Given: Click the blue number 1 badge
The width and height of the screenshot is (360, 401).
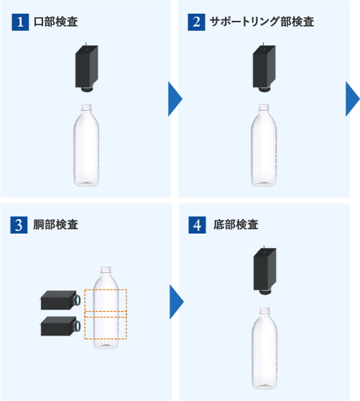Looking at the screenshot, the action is pyautogui.click(x=20, y=22).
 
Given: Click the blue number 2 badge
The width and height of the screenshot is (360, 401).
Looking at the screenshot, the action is pyautogui.click(x=196, y=22).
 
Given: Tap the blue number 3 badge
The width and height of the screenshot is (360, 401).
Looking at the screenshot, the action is pyautogui.click(x=19, y=225).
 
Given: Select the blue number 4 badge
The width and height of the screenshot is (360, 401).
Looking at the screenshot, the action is pyautogui.click(x=197, y=225).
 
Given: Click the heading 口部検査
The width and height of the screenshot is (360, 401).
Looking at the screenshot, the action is pyautogui.click(x=56, y=22).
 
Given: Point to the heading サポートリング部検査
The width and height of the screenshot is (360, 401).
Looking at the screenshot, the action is pyautogui.click(x=262, y=22).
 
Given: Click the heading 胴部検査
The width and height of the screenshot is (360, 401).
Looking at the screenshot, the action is pyautogui.click(x=55, y=224).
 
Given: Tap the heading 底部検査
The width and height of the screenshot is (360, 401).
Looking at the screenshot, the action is pyautogui.click(x=236, y=224).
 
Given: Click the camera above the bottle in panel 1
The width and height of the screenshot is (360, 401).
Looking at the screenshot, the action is pyautogui.click(x=86, y=68).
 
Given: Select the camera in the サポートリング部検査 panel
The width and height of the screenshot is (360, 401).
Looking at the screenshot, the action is pyautogui.click(x=264, y=68).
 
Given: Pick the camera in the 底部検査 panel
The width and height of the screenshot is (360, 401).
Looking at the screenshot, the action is pyautogui.click(x=264, y=271).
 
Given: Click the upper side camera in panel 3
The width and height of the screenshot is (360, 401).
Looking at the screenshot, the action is pyautogui.click(x=60, y=300).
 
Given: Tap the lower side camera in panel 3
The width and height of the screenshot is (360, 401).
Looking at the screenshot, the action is pyautogui.click(x=60, y=326).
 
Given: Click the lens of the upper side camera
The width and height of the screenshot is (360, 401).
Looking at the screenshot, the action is pyautogui.click(x=77, y=300).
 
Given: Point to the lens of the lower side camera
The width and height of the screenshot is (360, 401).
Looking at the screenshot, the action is pyautogui.click(x=77, y=326).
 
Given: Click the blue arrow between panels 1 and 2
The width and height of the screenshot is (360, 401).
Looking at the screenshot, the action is pyautogui.click(x=175, y=99).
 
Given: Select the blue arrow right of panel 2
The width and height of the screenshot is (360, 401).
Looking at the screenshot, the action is pyautogui.click(x=352, y=99).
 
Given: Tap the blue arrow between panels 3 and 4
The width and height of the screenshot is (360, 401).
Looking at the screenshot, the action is pyautogui.click(x=176, y=302).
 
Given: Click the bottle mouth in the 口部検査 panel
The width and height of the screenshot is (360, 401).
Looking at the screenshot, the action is pyautogui.click(x=86, y=108).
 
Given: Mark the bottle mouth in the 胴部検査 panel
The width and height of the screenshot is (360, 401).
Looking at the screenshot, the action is pyautogui.click(x=106, y=270).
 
